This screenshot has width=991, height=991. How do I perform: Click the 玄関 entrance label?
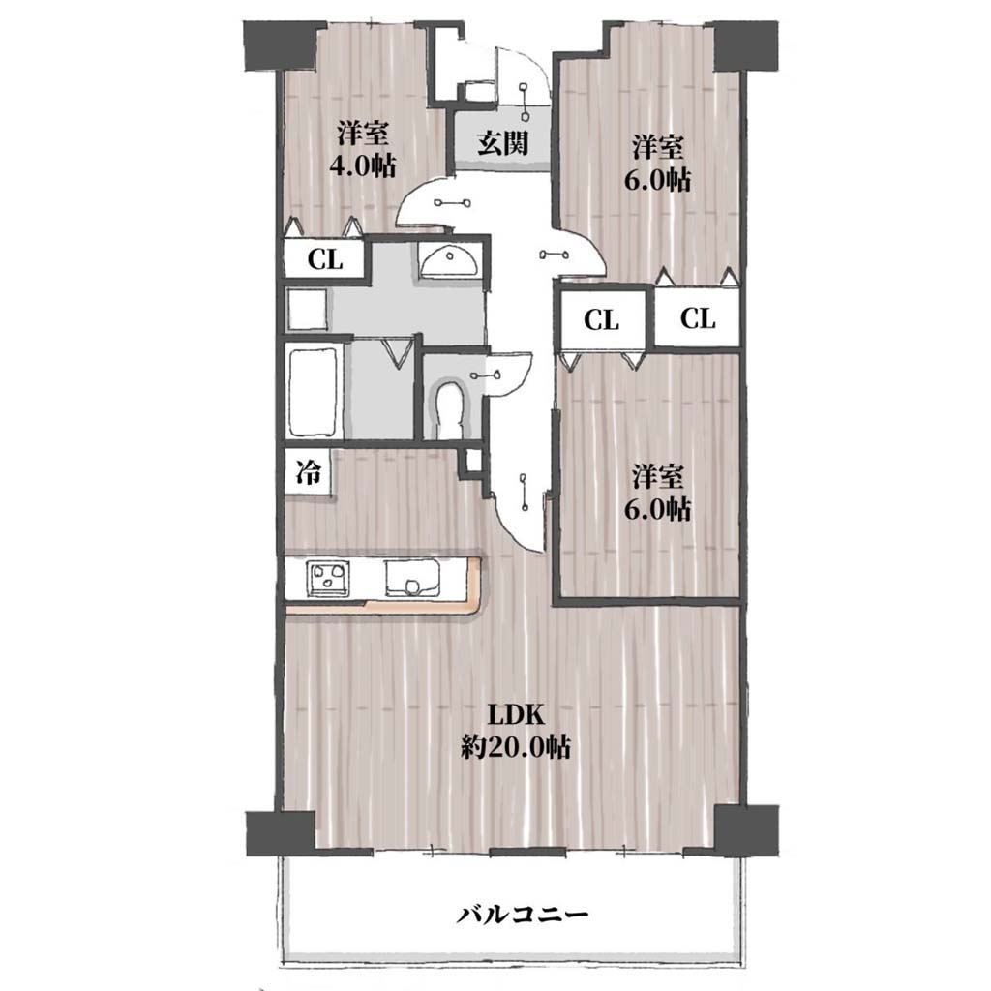[x=502, y=143]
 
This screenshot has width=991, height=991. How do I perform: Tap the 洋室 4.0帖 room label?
[x=362, y=149]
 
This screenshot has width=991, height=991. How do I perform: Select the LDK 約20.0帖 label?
[x=516, y=732]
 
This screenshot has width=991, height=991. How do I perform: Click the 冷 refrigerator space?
[x=309, y=472]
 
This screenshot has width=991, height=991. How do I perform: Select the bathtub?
[x=313, y=391]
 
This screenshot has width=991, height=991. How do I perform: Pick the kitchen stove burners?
[x=328, y=578]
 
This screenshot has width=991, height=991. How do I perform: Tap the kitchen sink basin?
[x=410, y=578]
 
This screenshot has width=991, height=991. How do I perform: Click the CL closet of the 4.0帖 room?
[x=325, y=259]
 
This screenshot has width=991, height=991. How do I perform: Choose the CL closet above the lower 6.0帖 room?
[x=602, y=319]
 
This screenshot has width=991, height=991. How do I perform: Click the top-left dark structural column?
[x=280, y=45]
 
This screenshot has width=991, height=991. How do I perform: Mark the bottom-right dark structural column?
[x=745, y=830]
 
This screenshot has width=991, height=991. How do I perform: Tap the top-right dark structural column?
[x=746, y=45]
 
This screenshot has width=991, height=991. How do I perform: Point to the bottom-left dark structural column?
[x=280, y=833]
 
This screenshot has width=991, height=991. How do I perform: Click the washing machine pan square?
[x=307, y=310]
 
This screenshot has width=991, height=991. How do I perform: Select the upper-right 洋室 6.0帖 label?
[x=658, y=164]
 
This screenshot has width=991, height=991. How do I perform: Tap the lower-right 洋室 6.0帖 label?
[x=658, y=493]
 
